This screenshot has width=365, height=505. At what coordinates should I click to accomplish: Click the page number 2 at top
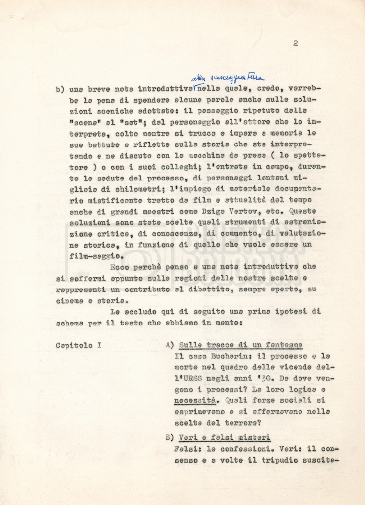295,43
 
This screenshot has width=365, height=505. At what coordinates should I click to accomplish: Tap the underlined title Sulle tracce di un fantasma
241,345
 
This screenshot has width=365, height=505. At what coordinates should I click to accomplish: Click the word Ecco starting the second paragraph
120,267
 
